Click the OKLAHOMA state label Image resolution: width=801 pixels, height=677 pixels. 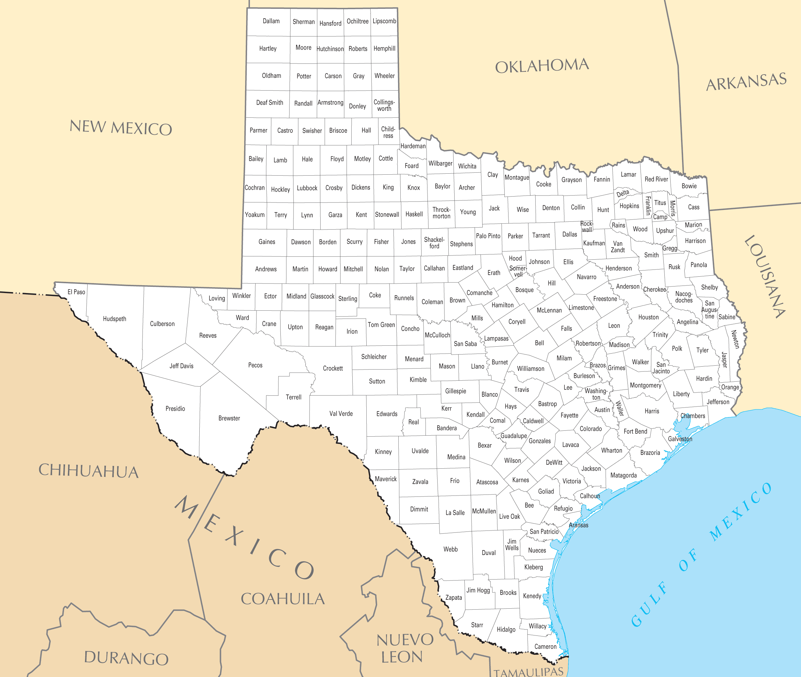point(542,66)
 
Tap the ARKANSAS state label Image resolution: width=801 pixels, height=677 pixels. point(746,82)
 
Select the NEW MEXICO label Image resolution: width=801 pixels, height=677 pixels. point(121,128)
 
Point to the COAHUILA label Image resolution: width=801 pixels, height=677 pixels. point(283,599)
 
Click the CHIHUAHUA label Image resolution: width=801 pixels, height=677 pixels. point(88,471)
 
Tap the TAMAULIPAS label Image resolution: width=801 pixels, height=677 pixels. point(528,672)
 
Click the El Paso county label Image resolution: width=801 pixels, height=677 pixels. point(76,292)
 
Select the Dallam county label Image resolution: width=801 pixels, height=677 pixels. point(271,21)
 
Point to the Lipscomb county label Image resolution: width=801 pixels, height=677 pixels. point(384,21)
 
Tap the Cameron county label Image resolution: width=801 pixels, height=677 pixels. point(545,647)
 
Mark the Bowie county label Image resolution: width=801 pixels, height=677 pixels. point(689,186)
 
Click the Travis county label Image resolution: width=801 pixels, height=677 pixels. point(522,390)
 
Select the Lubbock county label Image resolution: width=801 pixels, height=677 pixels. point(307,188)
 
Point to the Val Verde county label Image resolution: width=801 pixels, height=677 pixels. point(341,414)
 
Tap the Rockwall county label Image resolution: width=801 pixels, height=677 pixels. point(587,226)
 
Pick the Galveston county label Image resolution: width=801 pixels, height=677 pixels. point(680,439)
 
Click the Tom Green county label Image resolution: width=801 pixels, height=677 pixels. point(381,325)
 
